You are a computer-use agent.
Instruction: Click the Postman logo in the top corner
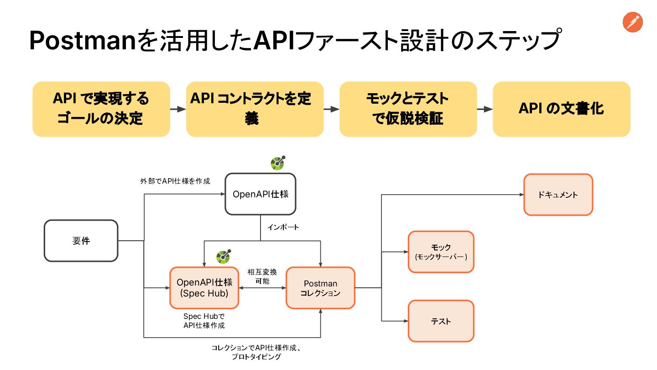click(x=633, y=22)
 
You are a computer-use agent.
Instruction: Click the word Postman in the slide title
click(x=83, y=41)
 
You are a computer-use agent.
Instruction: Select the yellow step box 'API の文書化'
click(x=561, y=109)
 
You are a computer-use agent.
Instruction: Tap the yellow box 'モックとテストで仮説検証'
click(x=408, y=109)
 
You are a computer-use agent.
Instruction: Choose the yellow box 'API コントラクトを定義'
click(x=255, y=109)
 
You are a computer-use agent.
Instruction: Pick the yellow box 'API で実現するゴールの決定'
click(x=101, y=109)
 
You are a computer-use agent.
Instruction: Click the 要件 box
click(x=81, y=240)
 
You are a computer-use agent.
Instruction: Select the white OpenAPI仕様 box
click(x=261, y=194)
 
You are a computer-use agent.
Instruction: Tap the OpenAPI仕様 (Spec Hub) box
click(x=204, y=288)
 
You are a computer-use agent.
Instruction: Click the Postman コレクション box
click(x=320, y=288)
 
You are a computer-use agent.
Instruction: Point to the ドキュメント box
click(x=558, y=195)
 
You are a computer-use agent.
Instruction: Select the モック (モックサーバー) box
click(x=441, y=252)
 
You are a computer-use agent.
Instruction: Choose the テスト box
click(x=441, y=321)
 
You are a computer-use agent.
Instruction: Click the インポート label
click(x=283, y=227)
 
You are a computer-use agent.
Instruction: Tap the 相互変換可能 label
click(x=262, y=276)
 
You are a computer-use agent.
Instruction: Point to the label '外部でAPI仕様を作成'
click(x=175, y=181)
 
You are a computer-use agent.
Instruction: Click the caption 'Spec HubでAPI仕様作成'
click(x=204, y=321)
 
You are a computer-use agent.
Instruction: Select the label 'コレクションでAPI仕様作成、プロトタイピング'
click(x=256, y=352)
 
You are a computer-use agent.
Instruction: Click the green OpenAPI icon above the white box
click(x=278, y=163)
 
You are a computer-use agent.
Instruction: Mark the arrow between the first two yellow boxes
click(x=178, y=109)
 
